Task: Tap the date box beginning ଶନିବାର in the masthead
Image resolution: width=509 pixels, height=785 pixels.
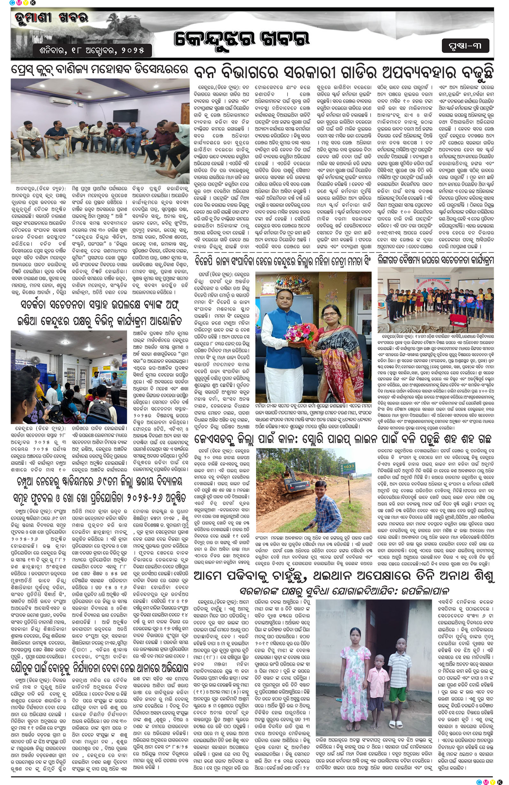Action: point(92,50)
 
